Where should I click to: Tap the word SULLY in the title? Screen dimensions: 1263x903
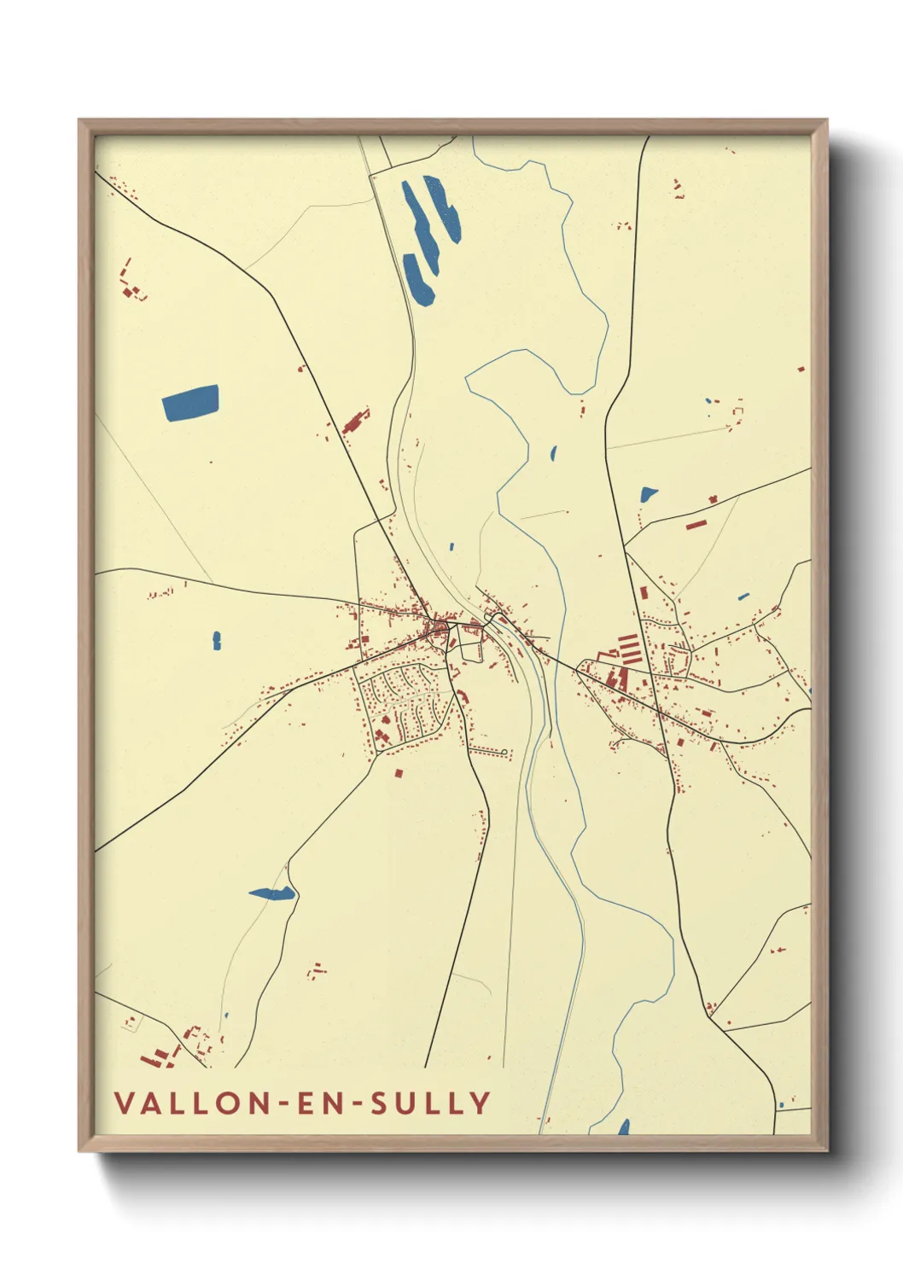tap(440, 1103)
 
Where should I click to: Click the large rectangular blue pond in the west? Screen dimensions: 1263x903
tap(190, 402)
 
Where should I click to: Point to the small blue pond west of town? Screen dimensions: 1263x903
tap(217, 640)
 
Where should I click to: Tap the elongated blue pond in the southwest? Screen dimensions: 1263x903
tap(272, 893)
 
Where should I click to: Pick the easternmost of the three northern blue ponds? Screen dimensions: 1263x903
tap(444, 210)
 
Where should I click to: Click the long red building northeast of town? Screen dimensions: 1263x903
tap(696, 524)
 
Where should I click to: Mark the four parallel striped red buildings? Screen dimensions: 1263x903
tap(628, 649)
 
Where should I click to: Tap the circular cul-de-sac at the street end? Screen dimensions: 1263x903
tap(505, 752)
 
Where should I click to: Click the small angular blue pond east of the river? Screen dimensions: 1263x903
tap(649, 493)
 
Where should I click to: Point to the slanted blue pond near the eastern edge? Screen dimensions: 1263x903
tap(743, 596)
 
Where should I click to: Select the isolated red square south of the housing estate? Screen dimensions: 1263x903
tap(399, 773)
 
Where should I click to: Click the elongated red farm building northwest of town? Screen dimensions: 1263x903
tap(354, 422)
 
